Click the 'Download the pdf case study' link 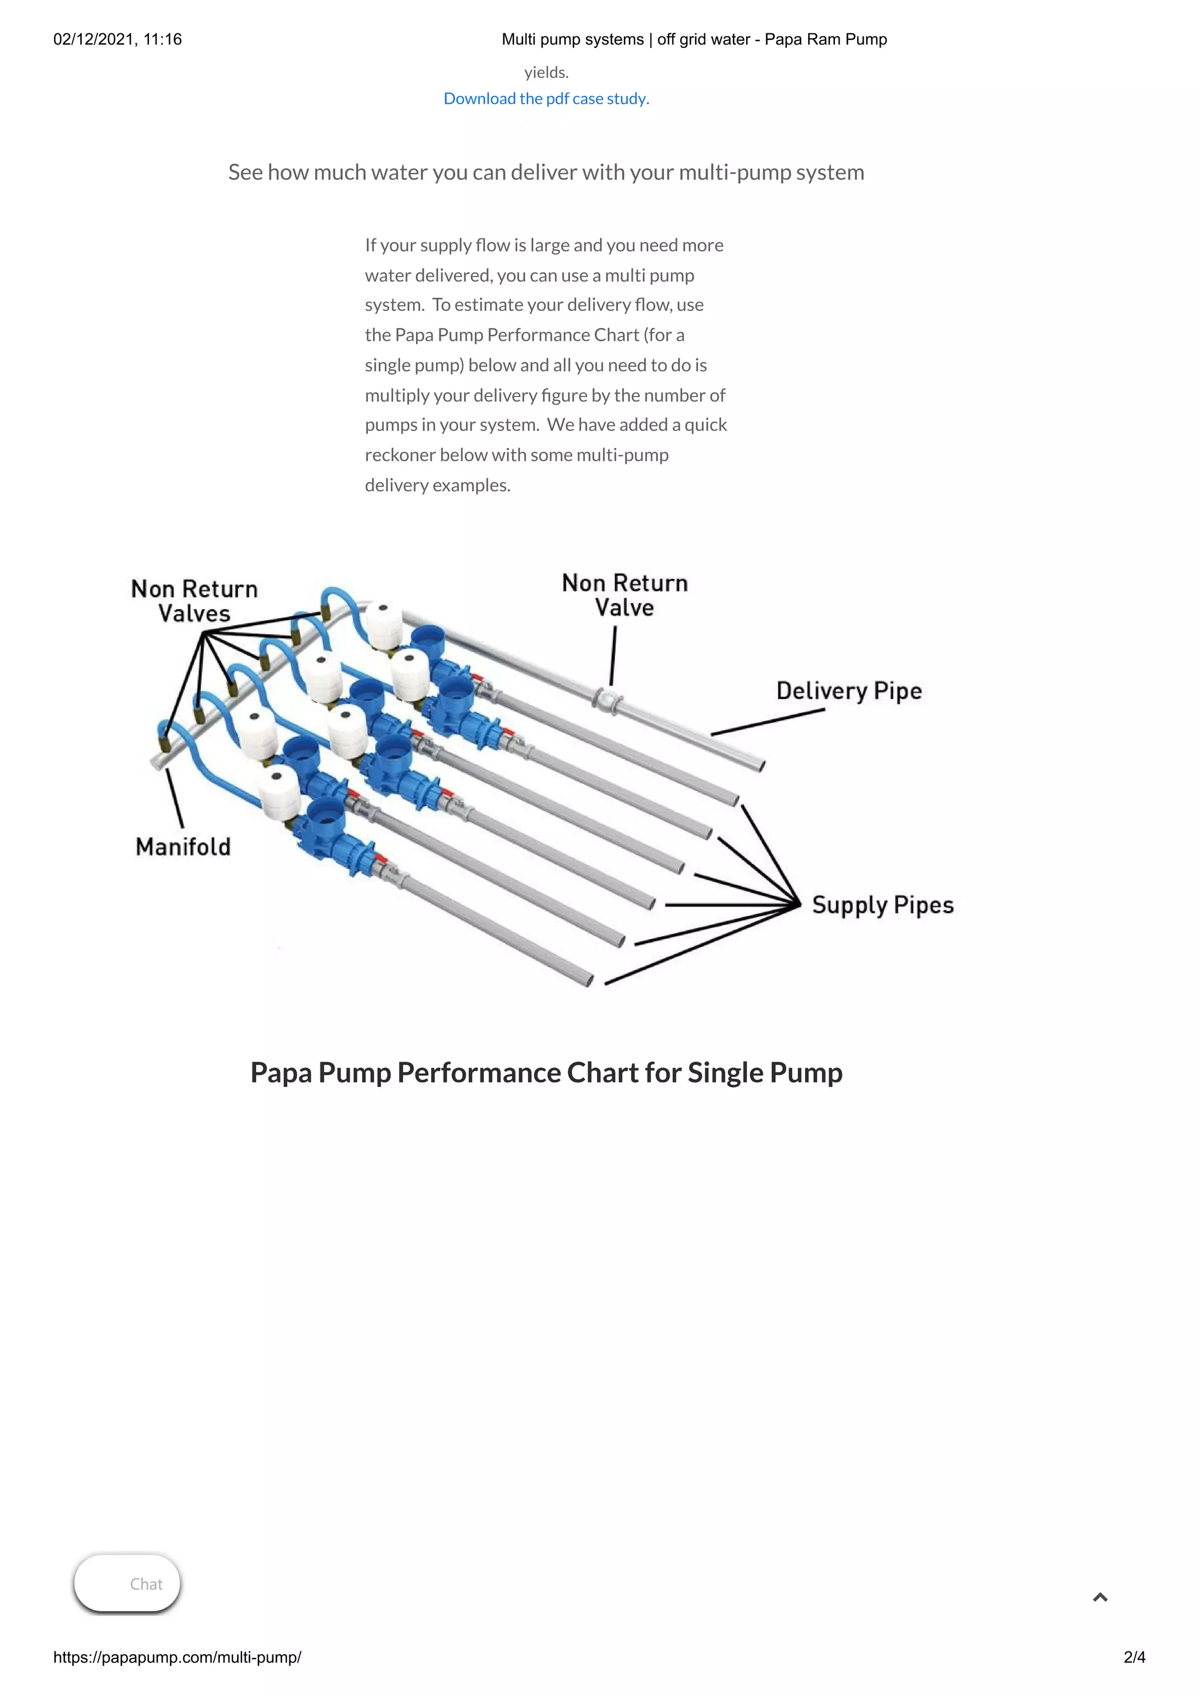pyautogui.click(x=545, y=99)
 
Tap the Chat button pyautogui.click(x=128, y=1583)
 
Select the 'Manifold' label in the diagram pyautogui.click(x=183, y=847)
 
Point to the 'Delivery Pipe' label pyautogui.click(x=849, y=691)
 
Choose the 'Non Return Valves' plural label pyautogui.click(x=195, y=601)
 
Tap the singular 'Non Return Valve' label pyautogui.click(x=625, y=595)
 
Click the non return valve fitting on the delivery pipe pyautogui.click(x=607, y=699)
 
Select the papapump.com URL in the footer pyautogui.click(x=178, y=1657)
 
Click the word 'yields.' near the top pyautogui.click(x=547, y=73)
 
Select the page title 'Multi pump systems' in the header pyautogui.click(x=572, y=39)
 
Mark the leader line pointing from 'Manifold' pyautogui.click(x=175, y=798)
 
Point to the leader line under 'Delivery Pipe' pyautogui.click(x=768, y=722)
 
